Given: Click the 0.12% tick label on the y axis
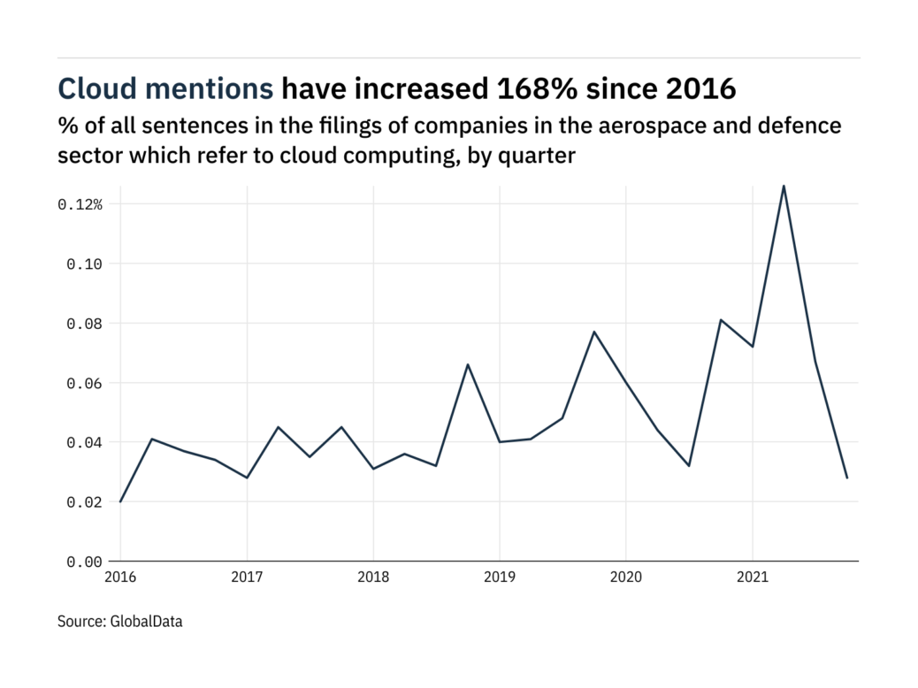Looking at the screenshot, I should click(x=80, y=204).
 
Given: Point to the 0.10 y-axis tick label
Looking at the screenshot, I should click(x=84, y=264).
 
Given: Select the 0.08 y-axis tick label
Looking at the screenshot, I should click(x=84, y=324).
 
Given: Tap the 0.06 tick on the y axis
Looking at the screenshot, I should click(x=84, y=383).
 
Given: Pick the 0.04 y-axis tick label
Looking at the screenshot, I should click(x=84, y=442).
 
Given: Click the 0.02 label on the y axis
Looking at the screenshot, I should click(x=84, y=501).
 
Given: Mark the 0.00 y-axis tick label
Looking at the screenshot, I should click(x=84, y=562).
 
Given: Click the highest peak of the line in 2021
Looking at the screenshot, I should click(x=784, y=186).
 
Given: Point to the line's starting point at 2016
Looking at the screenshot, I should click(x=120, y=501).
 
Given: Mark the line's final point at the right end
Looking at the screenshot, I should click(x=847, y=478).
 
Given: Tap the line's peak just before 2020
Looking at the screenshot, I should click(x=594, y=332).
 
